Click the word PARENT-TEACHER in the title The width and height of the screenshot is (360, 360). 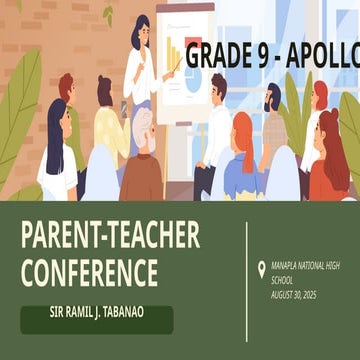[110, 236]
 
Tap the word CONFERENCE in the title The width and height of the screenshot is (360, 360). [90, 271]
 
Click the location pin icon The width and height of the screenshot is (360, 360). [262, 268]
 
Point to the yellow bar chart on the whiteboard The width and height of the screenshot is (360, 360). [173, 55]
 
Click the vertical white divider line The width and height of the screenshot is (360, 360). [247, 275]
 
